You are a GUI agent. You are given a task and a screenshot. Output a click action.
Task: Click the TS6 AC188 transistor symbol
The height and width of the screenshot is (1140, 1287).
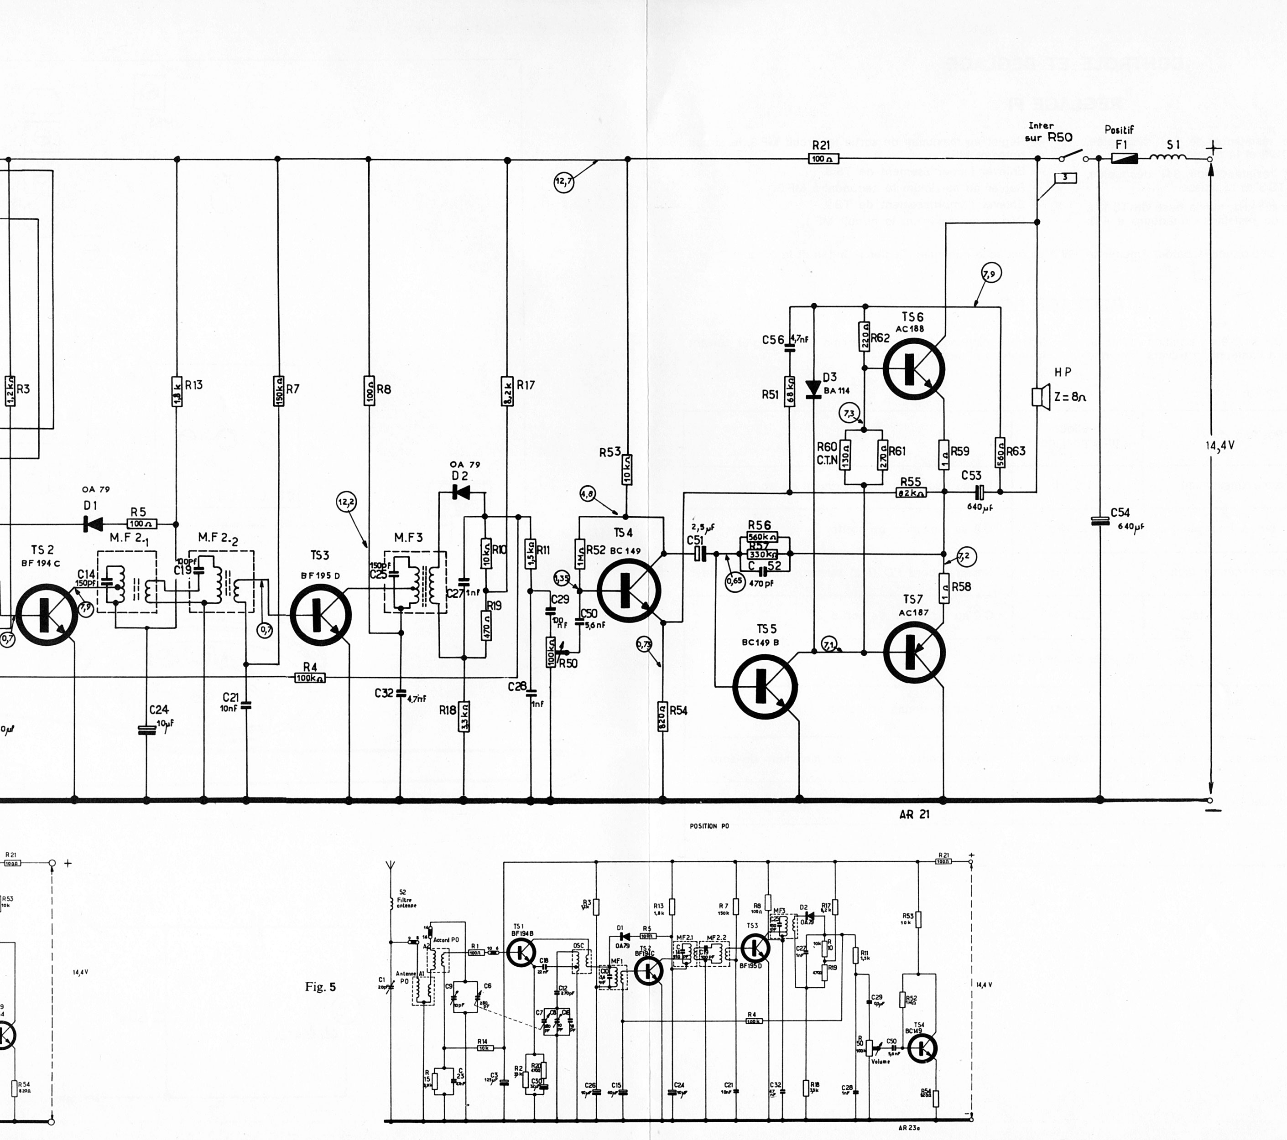click(x=914, y=369)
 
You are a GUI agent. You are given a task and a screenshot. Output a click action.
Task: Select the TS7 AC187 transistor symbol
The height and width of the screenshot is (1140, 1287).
click(x=914, y=652)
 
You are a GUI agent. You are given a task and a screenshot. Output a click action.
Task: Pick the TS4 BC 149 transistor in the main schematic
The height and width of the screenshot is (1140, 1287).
click(x=628, y=590)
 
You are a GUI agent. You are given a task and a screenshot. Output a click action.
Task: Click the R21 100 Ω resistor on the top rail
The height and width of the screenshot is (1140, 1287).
click(x=823, y=159)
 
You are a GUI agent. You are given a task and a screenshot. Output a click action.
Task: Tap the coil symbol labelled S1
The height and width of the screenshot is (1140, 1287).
click(x=1168, y=157)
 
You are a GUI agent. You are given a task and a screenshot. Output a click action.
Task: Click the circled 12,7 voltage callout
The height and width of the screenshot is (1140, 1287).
click(x=563, y=182)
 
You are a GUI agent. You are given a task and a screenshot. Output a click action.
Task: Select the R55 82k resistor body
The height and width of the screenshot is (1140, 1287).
click(x=911, y=493)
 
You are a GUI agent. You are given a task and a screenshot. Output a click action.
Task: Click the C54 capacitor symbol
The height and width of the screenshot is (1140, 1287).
click(x=1099, y=521)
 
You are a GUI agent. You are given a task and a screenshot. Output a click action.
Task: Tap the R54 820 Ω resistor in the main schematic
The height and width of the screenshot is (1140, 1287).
click(x=662, y=716)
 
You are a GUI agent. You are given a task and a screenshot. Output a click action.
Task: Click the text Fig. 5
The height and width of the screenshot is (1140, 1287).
click(x=320, y=986)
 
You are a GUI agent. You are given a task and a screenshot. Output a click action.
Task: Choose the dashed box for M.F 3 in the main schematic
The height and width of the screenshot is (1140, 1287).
click(x=415, y=581)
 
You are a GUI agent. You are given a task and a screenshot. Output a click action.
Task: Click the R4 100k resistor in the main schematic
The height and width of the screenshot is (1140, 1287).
click(x=310, y=678)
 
